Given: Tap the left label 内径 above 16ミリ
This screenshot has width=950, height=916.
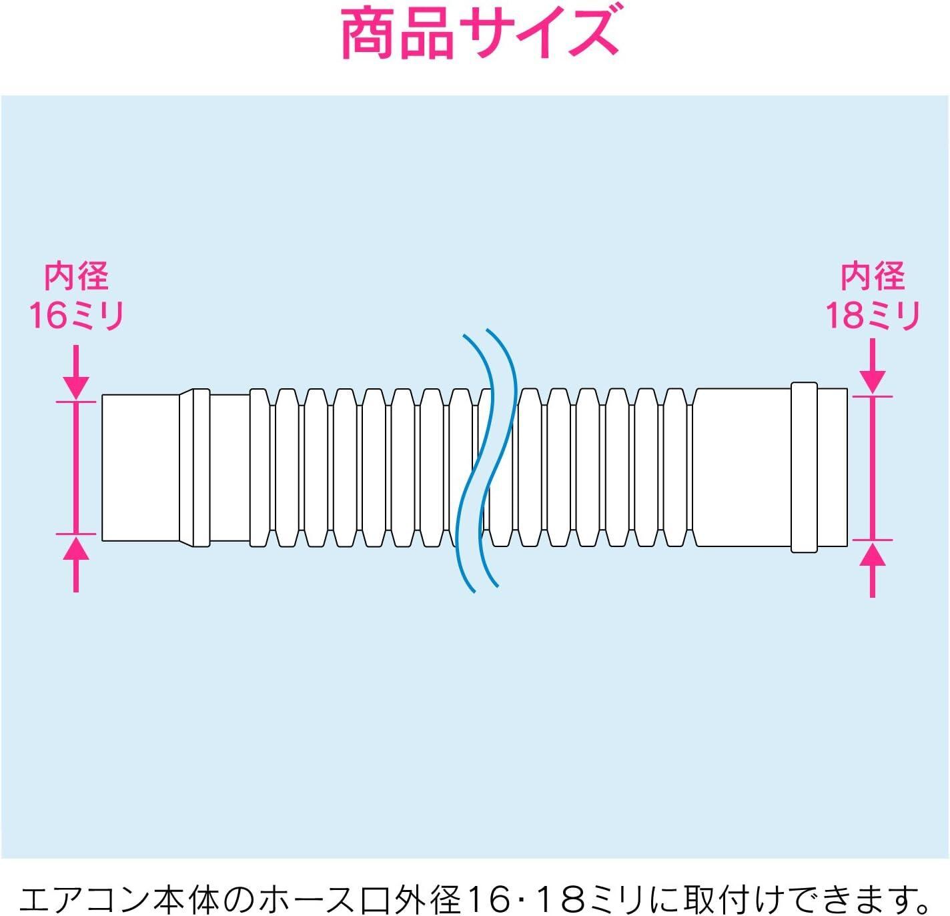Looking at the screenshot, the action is (x=76, y=276).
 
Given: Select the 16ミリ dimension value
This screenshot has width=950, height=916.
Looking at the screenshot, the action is (x=76, y=315).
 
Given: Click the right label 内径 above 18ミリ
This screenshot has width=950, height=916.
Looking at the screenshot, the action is (x=873, y=276).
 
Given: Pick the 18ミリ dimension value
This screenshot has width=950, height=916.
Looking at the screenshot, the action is (x=873, y=315).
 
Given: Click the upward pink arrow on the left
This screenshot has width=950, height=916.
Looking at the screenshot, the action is (x=76, y=564).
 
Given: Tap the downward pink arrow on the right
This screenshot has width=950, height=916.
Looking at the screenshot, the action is (x=873, y=367).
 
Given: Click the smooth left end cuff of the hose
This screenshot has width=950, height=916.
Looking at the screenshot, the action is (x=140, y=468).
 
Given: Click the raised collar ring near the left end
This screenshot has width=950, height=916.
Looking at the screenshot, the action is (x=195, y=468).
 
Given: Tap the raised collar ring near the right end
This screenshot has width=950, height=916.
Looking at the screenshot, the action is (x=804, y=468).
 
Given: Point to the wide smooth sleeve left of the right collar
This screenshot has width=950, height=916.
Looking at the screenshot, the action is (x=742, y=468).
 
